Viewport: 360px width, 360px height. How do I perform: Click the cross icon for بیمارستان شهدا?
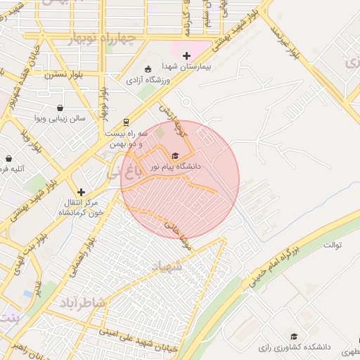pos(186,56)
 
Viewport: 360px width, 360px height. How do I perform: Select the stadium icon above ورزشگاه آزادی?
pos(148,69)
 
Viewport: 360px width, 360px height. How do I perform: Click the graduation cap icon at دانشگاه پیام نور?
pos(175,155)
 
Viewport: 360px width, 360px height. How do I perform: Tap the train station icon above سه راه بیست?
pos(127,121)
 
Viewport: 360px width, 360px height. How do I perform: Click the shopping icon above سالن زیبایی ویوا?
pos(60,108)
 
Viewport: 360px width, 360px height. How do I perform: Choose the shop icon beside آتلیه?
pos(8,159)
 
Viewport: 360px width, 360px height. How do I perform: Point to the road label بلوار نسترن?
pos(65,74)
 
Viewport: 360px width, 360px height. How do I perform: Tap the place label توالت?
pos(331,245)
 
